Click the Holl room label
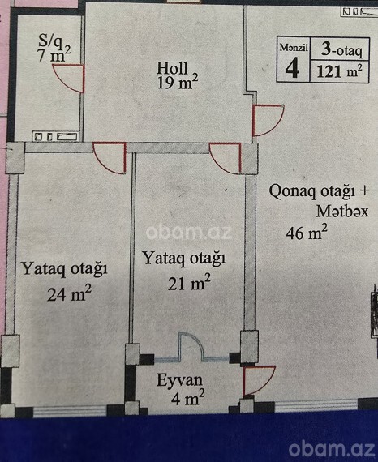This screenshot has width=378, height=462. [x=172, y=68]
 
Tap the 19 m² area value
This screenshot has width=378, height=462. [x=177, y=82]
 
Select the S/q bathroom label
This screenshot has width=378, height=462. [x=51, y=41]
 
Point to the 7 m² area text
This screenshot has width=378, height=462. [x=54, y=54]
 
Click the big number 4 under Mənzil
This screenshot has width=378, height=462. [x=292, y=67]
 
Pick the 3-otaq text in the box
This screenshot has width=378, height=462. [x=341, y=49]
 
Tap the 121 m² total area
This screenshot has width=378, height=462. [x=339, y=71]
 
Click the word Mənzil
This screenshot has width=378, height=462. [x=294, y=47]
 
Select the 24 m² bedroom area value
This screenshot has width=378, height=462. [x=69, y=293]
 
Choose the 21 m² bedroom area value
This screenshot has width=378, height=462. [x=189, y=283]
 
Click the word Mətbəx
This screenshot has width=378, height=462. [x=342, y=212]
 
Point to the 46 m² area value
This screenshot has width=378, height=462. [x=307, y=232]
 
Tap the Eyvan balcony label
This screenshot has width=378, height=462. [x=179, y=381]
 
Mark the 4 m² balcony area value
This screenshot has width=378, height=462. [x=188, y=398]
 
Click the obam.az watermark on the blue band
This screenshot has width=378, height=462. [x=332, y=448]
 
